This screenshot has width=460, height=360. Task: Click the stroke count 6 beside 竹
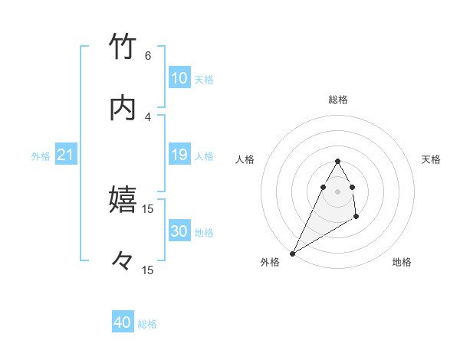coord(148,56)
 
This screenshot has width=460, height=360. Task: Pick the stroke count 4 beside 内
coord(148,116)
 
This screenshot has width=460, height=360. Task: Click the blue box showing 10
coord(179,78)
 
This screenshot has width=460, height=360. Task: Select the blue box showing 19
coord(179,155)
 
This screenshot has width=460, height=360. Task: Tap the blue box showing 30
coord(179,232)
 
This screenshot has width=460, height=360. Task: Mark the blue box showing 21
coord(65,155)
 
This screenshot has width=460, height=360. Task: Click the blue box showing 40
coord(123,322)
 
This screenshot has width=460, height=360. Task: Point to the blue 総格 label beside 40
coord(147,324)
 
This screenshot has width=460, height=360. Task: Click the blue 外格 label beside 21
coord(41,156)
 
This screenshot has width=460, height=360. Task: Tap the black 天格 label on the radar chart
coord(432,159)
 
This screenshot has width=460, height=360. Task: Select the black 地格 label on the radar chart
coord(402,262)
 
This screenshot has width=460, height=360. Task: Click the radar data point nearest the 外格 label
coord(293,253)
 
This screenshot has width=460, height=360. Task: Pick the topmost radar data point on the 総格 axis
coord(337,161)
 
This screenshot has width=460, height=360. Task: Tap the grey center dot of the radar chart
coord(337,190)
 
